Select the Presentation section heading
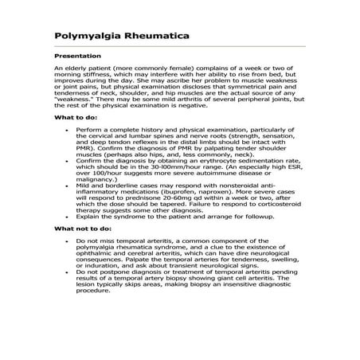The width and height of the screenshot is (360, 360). (x=77, y=56)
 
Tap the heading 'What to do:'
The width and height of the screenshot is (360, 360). (x=76, y=117)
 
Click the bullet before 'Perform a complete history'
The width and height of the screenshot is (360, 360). (x=76, y=127)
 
